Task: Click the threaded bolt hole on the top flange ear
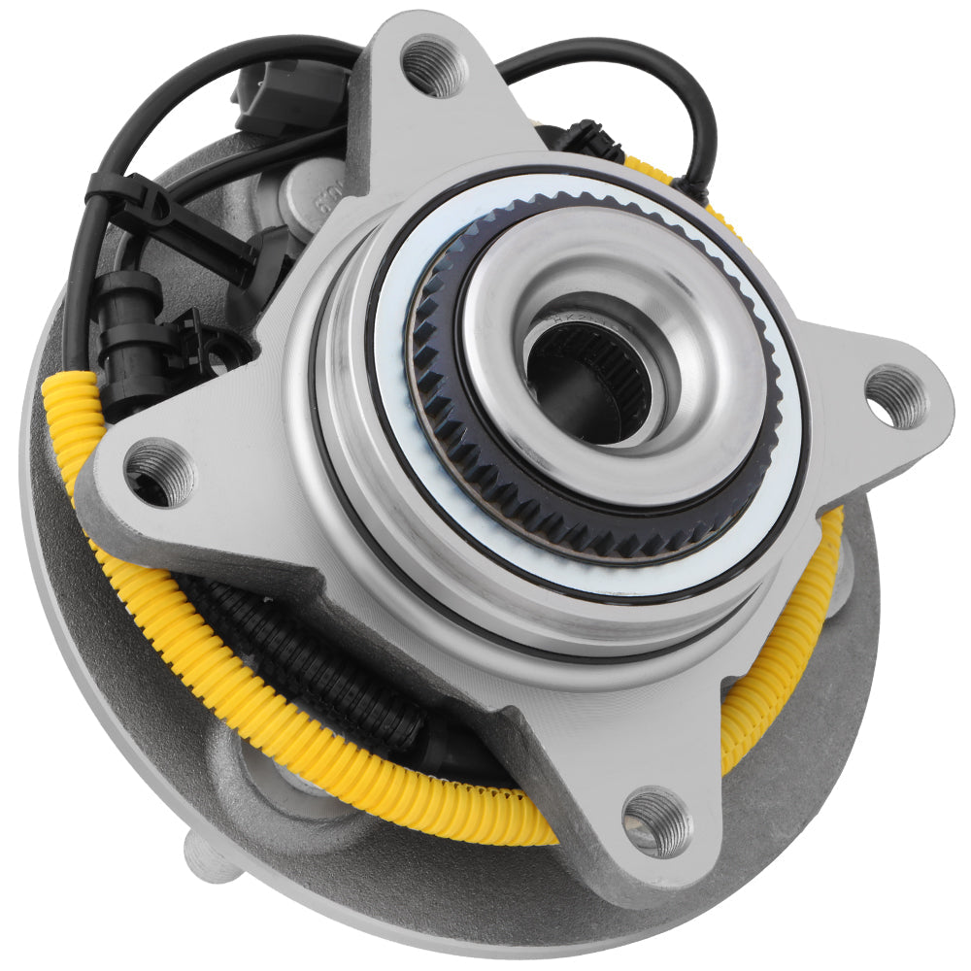tap(434, 66)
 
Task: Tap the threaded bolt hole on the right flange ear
tap(896, 396)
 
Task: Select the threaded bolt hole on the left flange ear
tap(159, 472)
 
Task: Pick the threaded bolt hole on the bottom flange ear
tap(657, 821)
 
